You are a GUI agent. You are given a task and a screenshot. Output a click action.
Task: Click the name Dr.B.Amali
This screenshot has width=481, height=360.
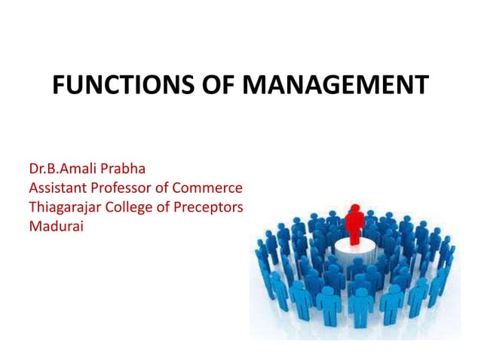click(64, 168)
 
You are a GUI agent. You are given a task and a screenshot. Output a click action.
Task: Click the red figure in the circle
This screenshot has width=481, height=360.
click(354, 223)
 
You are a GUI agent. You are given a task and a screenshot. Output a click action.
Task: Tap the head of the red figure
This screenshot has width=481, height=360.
click(354, 208)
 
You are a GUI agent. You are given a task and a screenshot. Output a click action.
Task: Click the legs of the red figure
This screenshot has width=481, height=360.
click(354, 236)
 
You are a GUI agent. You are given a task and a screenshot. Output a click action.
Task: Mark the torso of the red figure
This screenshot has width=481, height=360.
click(354, 221)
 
